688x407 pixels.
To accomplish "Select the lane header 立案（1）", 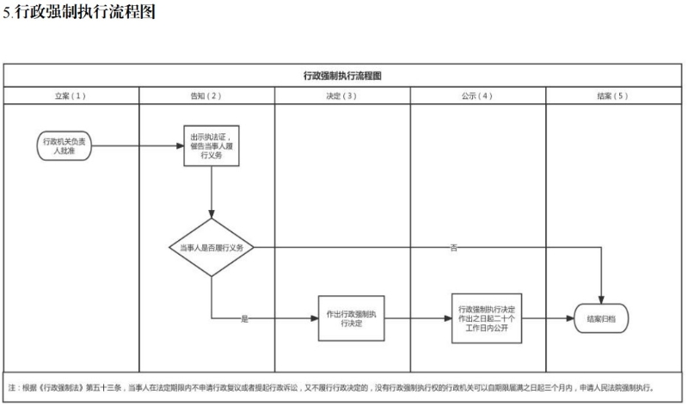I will coord(71,96).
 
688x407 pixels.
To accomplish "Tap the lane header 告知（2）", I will coord(206,96).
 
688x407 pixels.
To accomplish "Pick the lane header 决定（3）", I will coord(342,96).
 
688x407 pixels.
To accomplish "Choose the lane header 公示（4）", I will coord(477,96).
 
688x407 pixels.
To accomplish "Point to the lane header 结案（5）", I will coord(613,96).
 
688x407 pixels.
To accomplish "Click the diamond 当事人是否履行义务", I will coord(211,248).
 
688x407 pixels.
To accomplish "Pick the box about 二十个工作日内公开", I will coord(486,318).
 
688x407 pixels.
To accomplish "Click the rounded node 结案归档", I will coord(601,318).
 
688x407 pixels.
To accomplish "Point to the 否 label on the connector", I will coord(453,248).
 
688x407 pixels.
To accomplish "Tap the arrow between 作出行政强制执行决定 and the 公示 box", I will coord(417,318).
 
